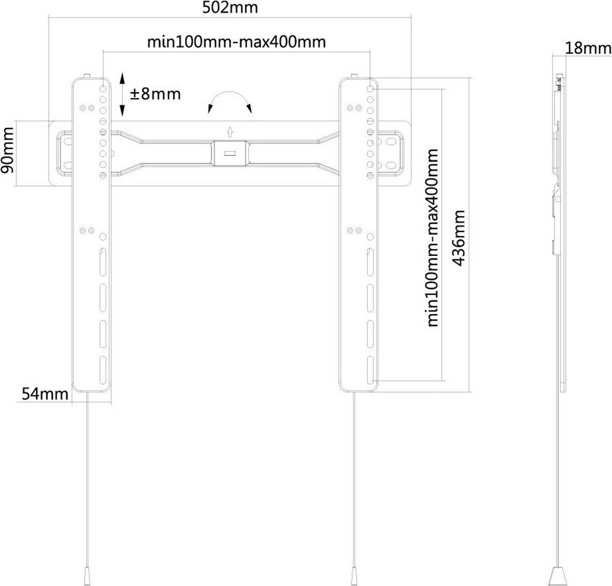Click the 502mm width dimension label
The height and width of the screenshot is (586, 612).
tap(230, 8)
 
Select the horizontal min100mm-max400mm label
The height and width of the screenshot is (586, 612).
tap(237, 42)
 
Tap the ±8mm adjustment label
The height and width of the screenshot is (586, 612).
tap(156, 94)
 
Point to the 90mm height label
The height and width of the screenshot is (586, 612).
tap(8, 150)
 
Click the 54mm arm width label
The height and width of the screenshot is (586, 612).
tap(45, 394)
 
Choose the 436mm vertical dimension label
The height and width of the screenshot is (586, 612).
tap(459, 238)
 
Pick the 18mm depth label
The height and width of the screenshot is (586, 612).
tap(588, 48)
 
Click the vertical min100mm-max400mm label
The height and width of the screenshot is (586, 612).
tap(433, 238)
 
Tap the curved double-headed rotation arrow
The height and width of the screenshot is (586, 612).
tap(229, 93)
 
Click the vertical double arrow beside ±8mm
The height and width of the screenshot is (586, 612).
tap(122, 94)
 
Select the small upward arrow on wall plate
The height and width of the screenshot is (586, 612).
tap(230, 131)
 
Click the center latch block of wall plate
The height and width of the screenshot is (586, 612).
tap(230, 153)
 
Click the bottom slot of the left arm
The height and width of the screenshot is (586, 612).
tap(103, 370)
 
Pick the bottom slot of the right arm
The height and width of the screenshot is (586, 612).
tap(370, 370)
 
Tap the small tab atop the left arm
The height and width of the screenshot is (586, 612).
tap(87, 76)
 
